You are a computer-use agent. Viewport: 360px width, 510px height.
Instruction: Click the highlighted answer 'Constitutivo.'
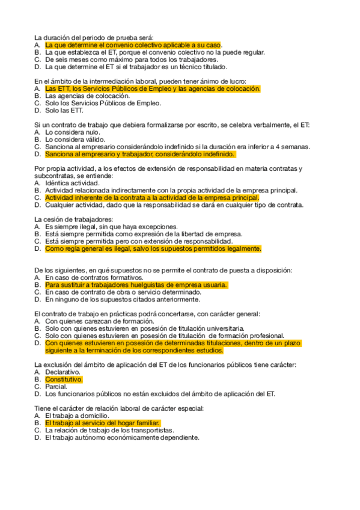click(x=64, y=379)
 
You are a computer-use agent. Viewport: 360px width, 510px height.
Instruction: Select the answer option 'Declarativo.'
click(x=63, y=372)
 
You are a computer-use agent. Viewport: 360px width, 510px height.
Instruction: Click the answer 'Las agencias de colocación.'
click(x=87, y=96)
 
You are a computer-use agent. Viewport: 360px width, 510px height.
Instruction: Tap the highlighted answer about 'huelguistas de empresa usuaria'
click(x=136, y=284)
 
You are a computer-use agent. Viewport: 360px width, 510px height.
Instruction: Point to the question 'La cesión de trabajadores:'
click(x=73, y=219)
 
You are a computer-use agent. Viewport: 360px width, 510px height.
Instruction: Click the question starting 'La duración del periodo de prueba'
click(x=94, y=37)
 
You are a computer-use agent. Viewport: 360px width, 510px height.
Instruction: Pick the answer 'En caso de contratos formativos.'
click(x=94, y=277)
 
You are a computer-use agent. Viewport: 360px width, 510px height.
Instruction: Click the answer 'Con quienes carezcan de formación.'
click(x=98, y=321)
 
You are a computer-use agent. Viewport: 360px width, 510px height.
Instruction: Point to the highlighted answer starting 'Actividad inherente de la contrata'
click(x=152, y=197)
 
